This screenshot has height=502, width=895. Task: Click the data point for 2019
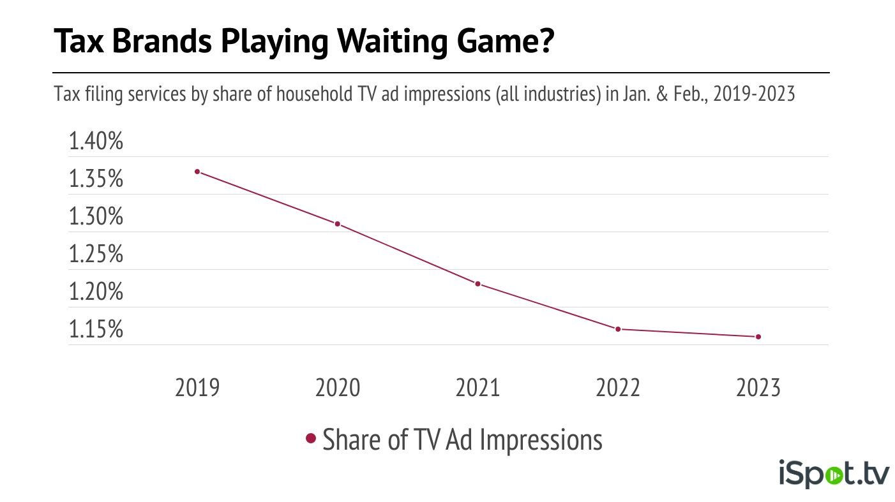(x=197, y=172)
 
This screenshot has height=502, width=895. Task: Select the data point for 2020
(x=337, y=224)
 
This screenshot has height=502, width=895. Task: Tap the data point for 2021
(x=478, y=284)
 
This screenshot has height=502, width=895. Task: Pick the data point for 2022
(x=618, y=329)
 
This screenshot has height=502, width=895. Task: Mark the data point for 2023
(x=758, y=337)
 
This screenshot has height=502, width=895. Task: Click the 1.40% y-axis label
(x=96, y=142)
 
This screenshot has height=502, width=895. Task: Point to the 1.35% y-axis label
(x=96, y=179)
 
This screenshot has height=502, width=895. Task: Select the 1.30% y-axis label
(x=96, y=217)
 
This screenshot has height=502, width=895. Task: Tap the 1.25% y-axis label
(x=96, y=255)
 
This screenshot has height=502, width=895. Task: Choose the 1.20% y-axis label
(x=96, y=292)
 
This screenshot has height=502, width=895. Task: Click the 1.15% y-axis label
(x=96, y=330)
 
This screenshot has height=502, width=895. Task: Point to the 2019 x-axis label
(x=197, y=388)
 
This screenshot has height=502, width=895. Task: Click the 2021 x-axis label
(x=478, y=388)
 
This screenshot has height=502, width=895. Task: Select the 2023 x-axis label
(x=758, y=388)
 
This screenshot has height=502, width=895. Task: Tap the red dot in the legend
(x=312, y=439)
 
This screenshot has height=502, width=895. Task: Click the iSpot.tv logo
(x=834, y=475)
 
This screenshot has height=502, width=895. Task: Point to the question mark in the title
(x=544, y=42)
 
